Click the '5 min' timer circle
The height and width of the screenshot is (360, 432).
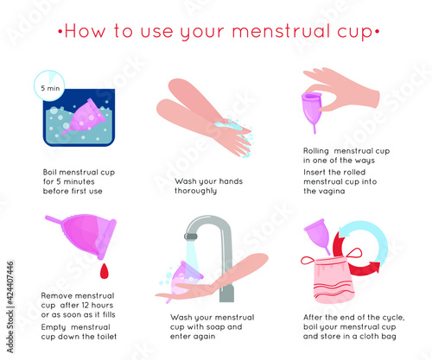[x=49, y=85]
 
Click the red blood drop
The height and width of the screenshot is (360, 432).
[x=105, y=271]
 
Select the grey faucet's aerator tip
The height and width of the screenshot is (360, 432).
[x=191, y=237]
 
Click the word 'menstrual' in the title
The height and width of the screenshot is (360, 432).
[x=281, y=31]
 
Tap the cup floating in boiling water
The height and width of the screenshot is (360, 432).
[x=84, y=117]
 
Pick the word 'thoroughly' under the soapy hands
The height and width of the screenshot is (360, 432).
[x=195, y=191]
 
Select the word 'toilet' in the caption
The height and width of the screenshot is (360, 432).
[x=106, y=337]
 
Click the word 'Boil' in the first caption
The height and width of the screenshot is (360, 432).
[x=49, y=173]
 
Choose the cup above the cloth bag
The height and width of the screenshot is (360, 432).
[x=318, y=235]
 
